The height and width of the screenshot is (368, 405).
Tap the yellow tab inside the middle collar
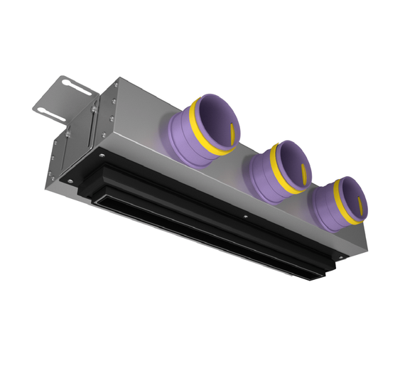303,171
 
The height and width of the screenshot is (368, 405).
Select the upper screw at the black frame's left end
103,155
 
